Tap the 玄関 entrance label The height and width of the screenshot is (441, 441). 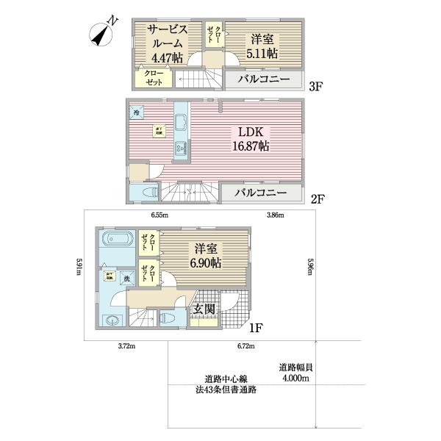204,309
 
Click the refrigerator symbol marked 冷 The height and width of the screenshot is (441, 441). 137,112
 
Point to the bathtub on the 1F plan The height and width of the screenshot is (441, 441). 116,240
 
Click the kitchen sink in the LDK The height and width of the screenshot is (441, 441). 179,148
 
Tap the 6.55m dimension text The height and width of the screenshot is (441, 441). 160,215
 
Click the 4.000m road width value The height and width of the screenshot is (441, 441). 294,378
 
